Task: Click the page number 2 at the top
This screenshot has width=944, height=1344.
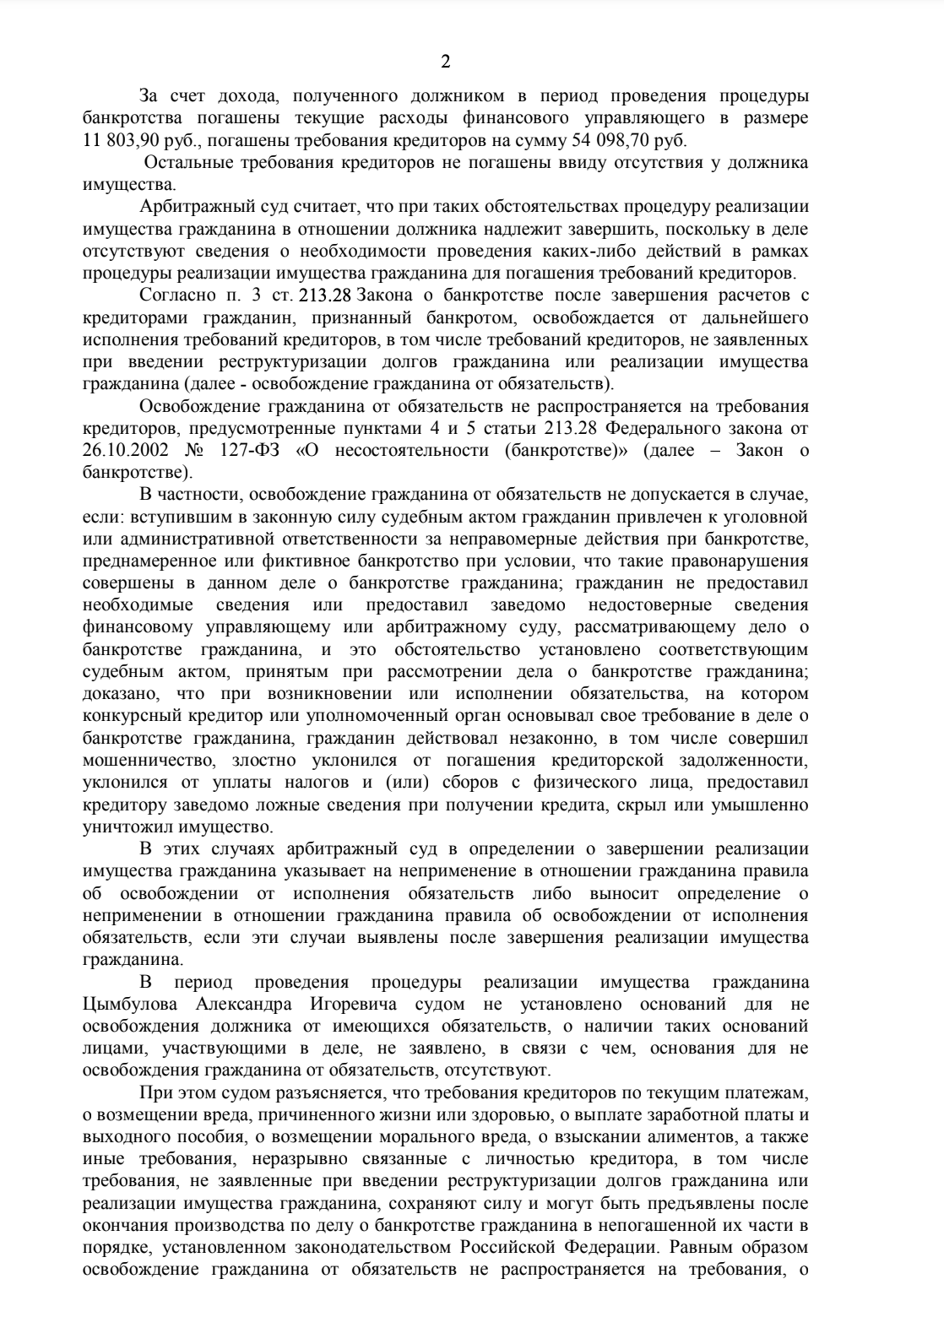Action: pos(445,62)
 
